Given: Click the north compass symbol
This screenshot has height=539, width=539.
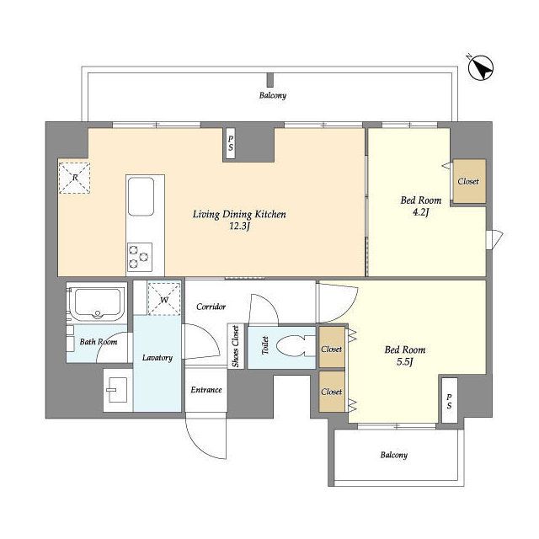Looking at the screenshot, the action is (481, 67).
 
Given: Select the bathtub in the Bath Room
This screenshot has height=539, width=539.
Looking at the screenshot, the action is (98, 302).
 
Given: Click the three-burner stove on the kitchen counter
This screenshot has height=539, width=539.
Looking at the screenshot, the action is (140, 256).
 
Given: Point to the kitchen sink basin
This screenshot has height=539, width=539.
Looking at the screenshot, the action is (141, 196).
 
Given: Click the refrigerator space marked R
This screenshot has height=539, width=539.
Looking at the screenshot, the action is (75, 178).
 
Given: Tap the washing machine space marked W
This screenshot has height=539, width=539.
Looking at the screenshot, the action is (164, 299).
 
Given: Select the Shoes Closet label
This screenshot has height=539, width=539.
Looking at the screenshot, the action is (236, 346).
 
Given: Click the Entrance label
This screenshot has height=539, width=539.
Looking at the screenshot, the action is (206, 390).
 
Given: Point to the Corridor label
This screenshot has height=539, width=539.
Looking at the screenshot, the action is (211, 307).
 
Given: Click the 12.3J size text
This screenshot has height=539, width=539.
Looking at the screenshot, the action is (239, 227).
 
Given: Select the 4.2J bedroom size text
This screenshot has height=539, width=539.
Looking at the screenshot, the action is (421, 212).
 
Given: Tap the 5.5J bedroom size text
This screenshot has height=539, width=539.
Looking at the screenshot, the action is (405, 362).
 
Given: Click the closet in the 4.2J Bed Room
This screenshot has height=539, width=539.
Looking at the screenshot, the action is (469, 181).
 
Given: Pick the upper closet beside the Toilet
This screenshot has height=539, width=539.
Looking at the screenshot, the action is (332, 347).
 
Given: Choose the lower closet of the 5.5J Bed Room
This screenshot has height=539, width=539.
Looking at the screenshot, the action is (332, 391).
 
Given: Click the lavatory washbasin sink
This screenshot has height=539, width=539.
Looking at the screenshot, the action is (118, 390).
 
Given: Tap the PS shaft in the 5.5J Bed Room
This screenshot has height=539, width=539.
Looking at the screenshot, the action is (449, 401).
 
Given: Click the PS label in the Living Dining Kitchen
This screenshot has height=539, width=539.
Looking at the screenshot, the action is (231, 143).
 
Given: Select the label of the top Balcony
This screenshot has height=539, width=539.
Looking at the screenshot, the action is (273, 95).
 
